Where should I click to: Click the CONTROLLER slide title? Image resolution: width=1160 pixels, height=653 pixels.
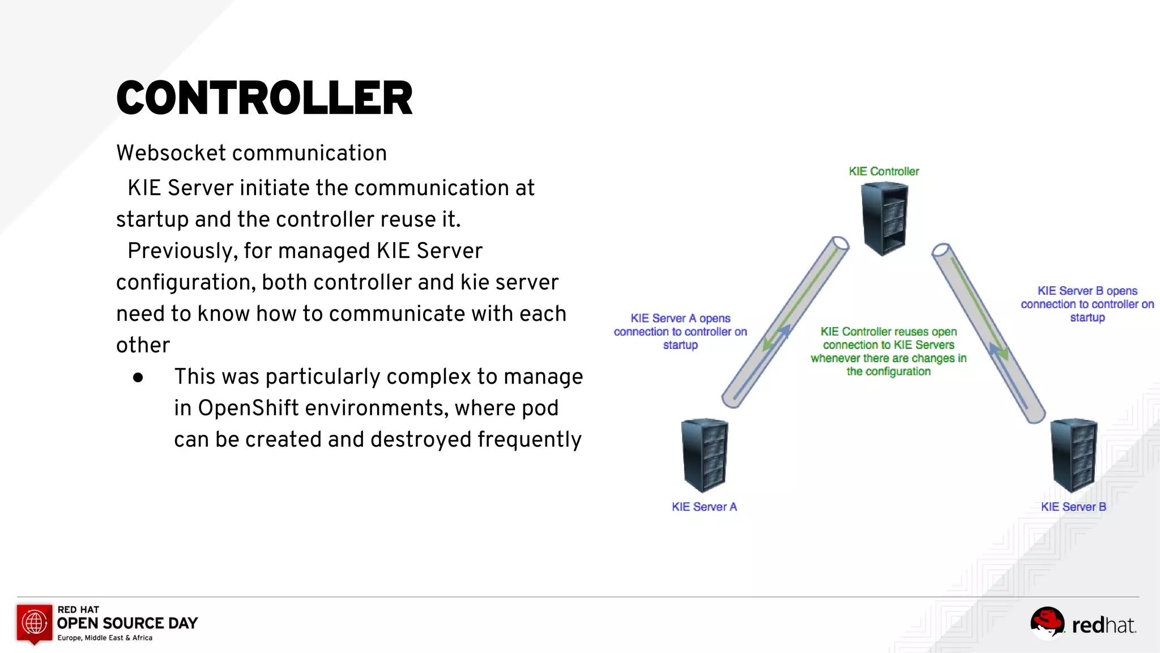pyautogui.click(x=265, y=98)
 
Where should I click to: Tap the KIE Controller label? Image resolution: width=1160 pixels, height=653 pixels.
pyautogui.click(x=884, y=171)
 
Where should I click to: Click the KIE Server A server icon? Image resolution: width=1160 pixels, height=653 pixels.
pyautogui.click(x=705, y=456)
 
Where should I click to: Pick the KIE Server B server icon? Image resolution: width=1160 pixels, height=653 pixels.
pyautogui.click(x=1074, y=456)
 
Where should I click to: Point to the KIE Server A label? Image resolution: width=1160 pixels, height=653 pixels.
pyautogui.click(x=704, y=507)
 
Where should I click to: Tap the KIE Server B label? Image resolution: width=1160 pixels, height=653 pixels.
pyautogui.click(x=1073, y=507)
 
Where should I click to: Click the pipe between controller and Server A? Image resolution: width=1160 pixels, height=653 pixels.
pyautogui.click(x=785, y=322)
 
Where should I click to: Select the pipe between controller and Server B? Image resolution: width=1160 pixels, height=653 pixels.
pyautogui.click(x=989, y=333)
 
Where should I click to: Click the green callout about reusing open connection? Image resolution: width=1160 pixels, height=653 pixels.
pyautogui.click(x=888, y=351)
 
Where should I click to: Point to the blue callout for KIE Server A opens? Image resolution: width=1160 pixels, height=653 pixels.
pyautogui.click(x=680, y=332)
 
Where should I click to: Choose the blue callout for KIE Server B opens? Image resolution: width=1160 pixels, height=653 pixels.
pyautogui.click(x=1087, y=304)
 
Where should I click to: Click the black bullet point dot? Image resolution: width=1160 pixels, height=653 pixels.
pyautogui.click(x=138, y=378)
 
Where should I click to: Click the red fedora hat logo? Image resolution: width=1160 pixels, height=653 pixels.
pyautogui.click(x=1047, y=622)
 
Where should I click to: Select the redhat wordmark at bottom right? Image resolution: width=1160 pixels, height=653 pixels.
pyautogui.click(x=1103, y=625)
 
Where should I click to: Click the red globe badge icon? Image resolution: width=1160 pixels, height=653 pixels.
pyautogui.click(x=35, y=622)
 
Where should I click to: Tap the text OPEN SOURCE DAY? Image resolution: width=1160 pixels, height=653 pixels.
pyautogui.click(x=127, y=624)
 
